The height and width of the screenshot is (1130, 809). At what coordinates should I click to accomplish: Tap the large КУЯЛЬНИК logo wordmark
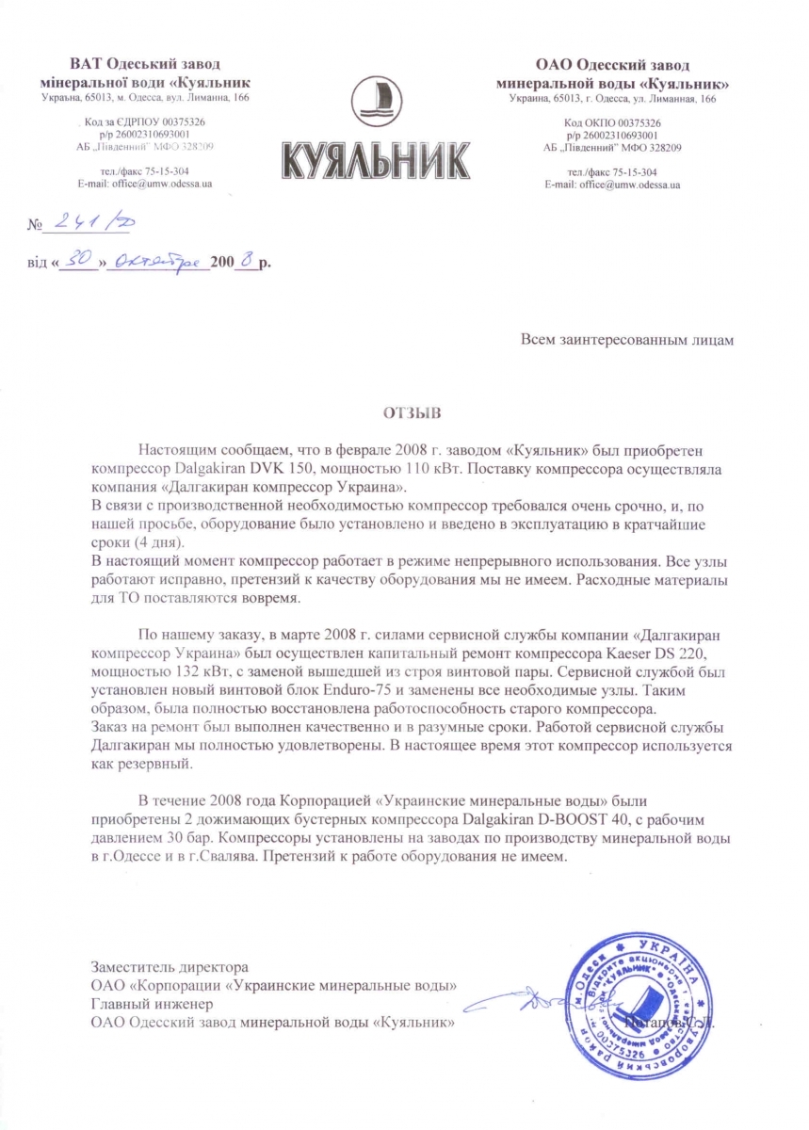376,161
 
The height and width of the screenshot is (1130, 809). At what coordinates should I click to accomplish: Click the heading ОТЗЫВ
405,412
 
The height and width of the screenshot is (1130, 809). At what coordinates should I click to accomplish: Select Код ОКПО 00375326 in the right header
612,123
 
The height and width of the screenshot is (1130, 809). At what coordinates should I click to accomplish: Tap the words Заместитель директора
170,967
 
